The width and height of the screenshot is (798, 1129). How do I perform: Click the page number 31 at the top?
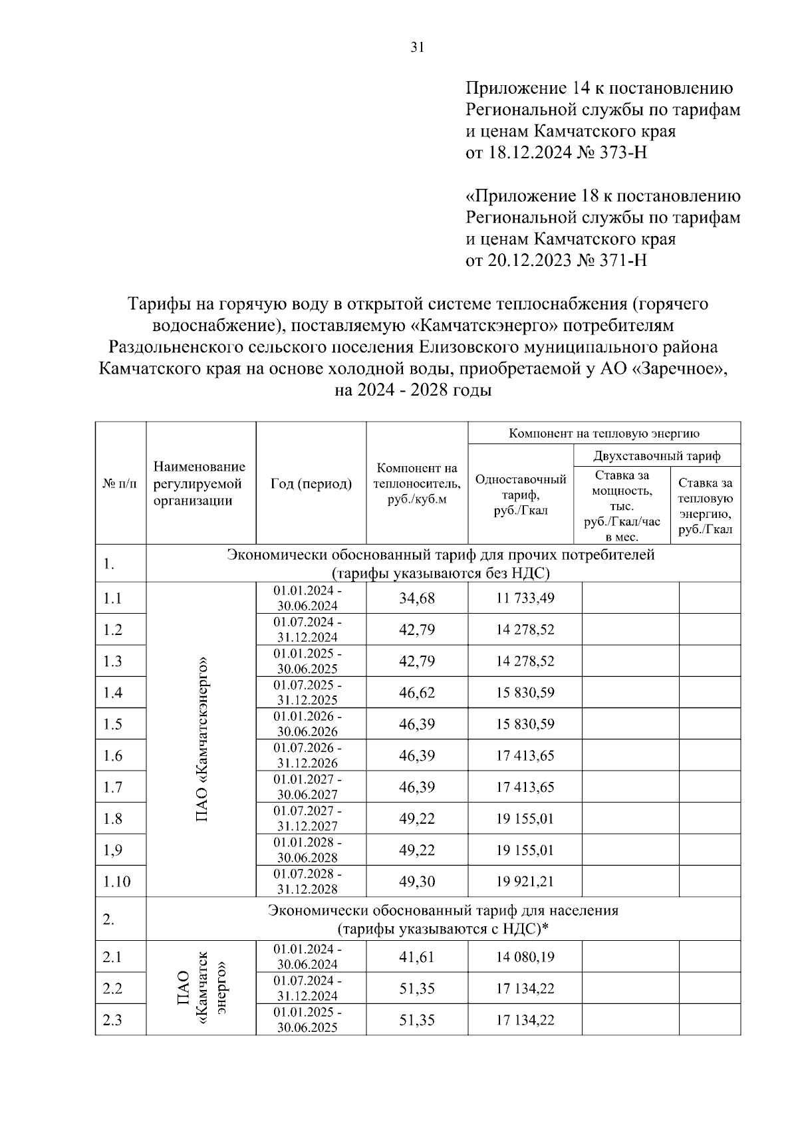417,47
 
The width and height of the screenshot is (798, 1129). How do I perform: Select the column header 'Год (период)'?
311,483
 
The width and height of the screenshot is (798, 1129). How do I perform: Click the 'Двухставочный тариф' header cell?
656,456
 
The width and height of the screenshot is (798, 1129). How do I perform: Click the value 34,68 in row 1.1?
416,598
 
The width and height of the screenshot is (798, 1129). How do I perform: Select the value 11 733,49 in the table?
525,598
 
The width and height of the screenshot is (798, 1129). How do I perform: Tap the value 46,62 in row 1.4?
416,692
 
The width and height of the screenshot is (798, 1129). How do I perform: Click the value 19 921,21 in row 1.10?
525,882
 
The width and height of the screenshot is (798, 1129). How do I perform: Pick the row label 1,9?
112,850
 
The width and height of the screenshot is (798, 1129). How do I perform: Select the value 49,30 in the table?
416,882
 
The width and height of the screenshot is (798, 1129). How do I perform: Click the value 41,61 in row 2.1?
416,957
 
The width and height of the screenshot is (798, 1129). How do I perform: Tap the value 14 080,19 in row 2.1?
525,957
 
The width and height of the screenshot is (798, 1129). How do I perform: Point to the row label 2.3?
112,1020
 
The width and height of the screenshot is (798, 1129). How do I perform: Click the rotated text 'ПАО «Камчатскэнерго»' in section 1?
201,739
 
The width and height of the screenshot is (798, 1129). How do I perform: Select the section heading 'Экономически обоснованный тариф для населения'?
443,910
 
